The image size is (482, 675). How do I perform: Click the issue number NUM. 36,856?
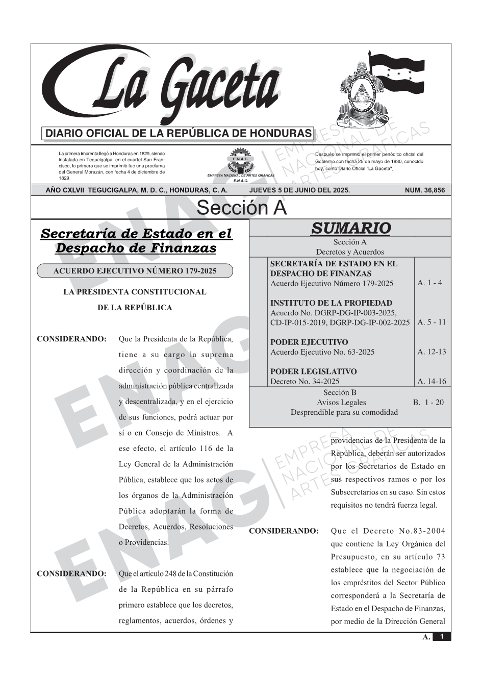pyautogui.click(x=424, y=190)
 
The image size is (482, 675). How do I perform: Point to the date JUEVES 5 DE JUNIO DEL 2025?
pyautogui.click(x=299, y=190)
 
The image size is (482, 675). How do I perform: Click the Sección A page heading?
pyautogui.click(x=241, y=208)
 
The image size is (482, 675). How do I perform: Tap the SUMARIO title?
pyautogui.click(x=350, y=228)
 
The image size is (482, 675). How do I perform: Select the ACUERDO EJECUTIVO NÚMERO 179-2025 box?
pyautogui.click(x=135, y=271)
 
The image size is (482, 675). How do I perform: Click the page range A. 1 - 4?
pyautogui.click(x=429, y=283)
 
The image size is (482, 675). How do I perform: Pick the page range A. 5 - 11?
pyautogui.click(x=432, y=322)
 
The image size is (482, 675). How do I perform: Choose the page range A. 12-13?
pyautogui.click(x=432, y=352)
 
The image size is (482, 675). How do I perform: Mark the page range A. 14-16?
pyautogui.click(x=432, y=381)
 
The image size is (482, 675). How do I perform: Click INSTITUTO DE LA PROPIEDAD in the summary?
pyautogui.click(x=331, y=303)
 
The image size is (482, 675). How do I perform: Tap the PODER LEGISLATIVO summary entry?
pyautogui.click(x=313, y=371)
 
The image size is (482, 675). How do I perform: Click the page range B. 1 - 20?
pyautogui.click(x=428, y=402)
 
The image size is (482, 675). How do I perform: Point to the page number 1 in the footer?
pyautogui.click(x=442, y=636)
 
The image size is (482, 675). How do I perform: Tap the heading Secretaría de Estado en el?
pyautogui.click(x=136, y=234)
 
